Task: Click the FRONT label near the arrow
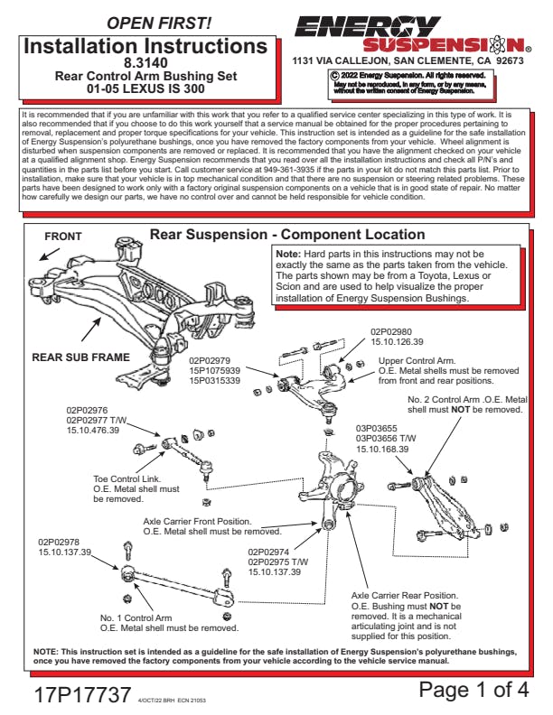tap(63, 237)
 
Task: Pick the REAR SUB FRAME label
tap(80, 357)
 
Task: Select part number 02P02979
tap(214, 360)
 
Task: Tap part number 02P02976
tap(87, 410)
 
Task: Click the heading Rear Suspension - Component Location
tap(286, 235)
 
